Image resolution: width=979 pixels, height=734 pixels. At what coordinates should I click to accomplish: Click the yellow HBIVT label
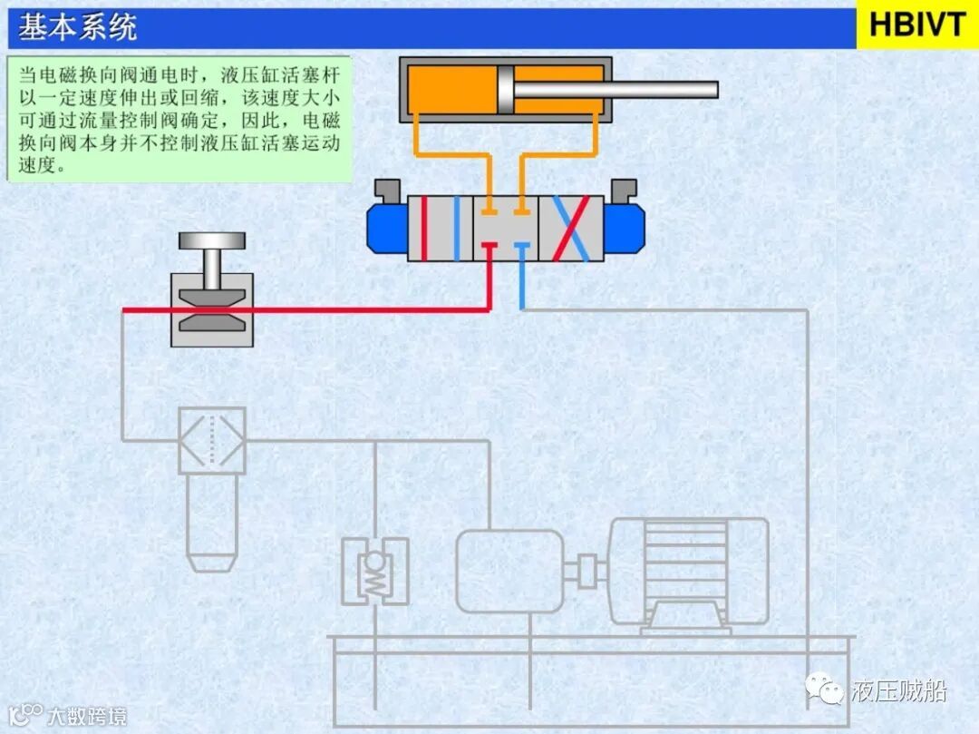pyautogui.click(x=917, y=24)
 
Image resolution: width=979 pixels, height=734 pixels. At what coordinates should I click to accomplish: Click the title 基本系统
pyautogui.click(x=78, y=27)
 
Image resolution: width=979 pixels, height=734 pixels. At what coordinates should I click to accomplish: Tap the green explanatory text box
pyautogui.click(x=179, y=119)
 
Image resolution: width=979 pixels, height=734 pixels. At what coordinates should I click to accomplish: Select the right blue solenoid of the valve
pyautogui.click(x=624, y=227)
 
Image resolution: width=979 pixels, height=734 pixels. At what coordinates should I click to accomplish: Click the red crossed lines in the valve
pyautogui.click(x=571, y=228)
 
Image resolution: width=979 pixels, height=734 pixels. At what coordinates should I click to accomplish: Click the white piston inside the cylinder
pyautogui.click(x=505, y=90)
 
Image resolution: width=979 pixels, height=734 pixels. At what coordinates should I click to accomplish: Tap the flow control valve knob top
pyautogui.click(x=212, y=241)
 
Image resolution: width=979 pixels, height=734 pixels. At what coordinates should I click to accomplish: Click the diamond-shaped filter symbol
pyautogui.click(x=211, y=440)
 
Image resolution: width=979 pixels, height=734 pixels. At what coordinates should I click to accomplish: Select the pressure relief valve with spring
pyautogui.click(x=374, y=572)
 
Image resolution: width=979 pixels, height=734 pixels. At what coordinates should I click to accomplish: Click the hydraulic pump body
pyautogui.click(x=509, y=571)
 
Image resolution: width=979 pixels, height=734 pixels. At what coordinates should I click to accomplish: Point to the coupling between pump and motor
pyautogui.click(x=586, y=570)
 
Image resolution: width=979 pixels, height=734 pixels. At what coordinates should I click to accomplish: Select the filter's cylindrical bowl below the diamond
pyautogui.click(x=211, y=522)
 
